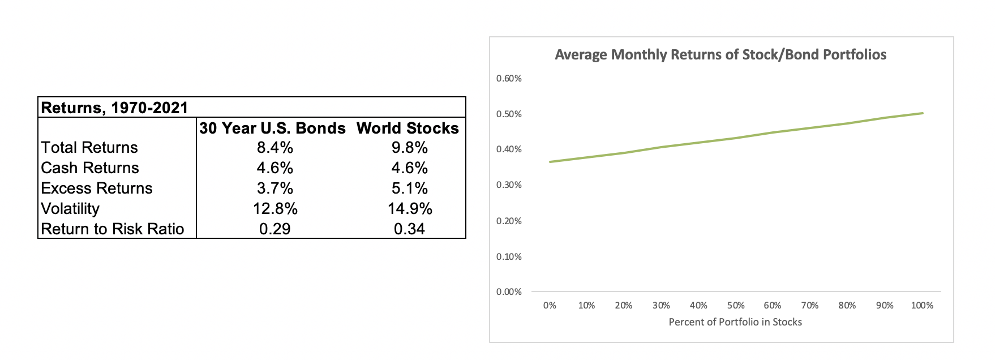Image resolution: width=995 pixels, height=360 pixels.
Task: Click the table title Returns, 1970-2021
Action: pos(114,108)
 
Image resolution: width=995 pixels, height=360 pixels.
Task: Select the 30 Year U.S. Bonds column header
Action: pos(272,128)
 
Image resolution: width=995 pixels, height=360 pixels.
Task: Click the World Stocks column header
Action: pos(408,128)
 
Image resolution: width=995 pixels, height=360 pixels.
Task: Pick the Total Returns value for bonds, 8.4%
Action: pos(275,148)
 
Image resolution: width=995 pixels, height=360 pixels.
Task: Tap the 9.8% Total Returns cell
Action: pos(409,148)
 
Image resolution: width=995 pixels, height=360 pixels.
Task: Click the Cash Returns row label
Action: pos(90,168)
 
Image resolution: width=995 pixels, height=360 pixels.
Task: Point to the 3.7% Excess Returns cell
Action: pos(275,188)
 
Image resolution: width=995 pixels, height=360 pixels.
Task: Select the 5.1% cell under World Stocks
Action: pos(409,188)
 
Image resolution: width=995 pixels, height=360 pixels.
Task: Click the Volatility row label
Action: pos(70,209)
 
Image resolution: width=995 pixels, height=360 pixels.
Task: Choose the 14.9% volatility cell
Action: pos(409,209)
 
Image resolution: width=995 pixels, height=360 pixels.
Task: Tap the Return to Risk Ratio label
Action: pos(113,229)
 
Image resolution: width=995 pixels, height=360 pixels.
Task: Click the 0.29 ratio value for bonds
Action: pos(275,229)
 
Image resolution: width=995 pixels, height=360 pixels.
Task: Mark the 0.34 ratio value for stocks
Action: pos(409,229)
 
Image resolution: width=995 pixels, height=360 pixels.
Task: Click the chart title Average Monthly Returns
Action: pos(720,55)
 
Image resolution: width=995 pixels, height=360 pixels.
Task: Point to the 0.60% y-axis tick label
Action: pos(509,79)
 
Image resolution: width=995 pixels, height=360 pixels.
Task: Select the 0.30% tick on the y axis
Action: pos(509,185)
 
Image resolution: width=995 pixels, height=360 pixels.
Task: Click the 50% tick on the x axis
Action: pos(735,306)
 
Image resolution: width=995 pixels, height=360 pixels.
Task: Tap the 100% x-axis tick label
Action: pos(922,306)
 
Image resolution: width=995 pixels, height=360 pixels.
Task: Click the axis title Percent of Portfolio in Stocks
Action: pos(735,322)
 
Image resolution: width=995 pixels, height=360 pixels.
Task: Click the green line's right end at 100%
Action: pos(923,113)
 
